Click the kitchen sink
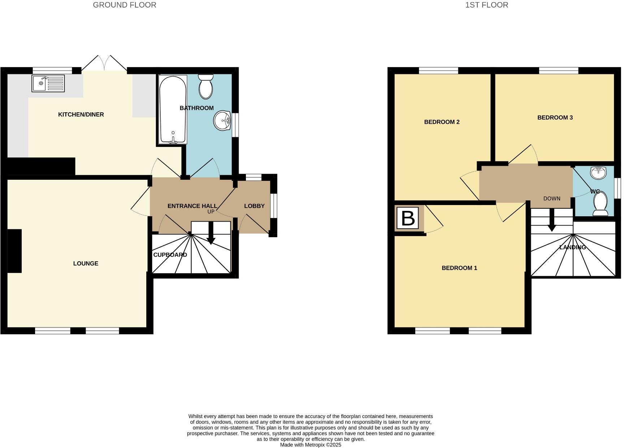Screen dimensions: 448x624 click(x=48, y=83)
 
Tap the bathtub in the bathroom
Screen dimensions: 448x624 click(x=173, y=109)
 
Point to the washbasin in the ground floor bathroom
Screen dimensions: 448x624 click(x=222, y=121)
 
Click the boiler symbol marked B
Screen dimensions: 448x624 click(x=408, y=218)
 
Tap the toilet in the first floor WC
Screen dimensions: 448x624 click(x=601, y=204)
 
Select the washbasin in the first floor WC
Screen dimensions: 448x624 click(x=598, y=173)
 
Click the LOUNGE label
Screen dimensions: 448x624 click(x=86, y=264)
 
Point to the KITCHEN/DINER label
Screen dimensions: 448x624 click(x=81, y=114)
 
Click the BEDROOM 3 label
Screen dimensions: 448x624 click(x=555, y=118)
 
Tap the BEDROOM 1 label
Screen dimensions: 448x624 click(x=459, y=268)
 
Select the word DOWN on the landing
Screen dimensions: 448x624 click(x=552, y=199)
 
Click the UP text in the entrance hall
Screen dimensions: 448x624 click(x=211, y=212)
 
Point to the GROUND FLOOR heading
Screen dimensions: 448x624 click(x=125, y=5)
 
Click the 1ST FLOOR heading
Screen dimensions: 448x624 click(x=486, y=5)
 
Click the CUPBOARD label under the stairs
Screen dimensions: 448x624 click(x=170, y=255)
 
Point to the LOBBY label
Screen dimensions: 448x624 click(x=254, y=206)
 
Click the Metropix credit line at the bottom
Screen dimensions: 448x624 click(x=311, y=445)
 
